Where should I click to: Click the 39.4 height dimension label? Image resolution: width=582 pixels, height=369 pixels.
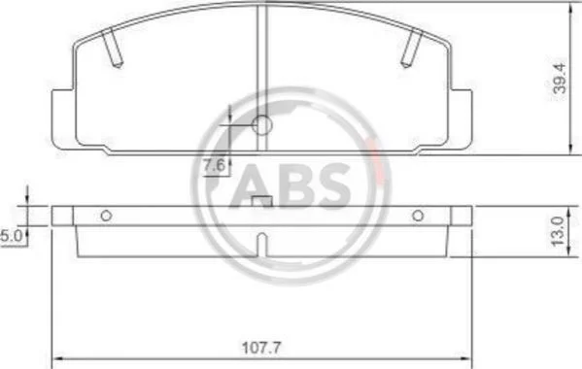tap(560, 78)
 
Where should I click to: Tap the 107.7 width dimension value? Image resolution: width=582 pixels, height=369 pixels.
tap(261, 348)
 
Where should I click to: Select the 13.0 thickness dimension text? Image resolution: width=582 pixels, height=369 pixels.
tap(558, 231)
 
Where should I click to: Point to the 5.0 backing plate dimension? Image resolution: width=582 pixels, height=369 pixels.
tap(12, 236)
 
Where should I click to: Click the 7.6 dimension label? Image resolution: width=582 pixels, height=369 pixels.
tap(214, 165)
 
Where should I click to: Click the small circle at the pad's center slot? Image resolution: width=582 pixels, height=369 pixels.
tap(262, 125)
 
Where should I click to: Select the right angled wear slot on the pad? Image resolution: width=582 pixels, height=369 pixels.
tap(412, 49)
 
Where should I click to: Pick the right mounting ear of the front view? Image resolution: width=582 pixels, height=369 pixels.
tap(461, 119)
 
